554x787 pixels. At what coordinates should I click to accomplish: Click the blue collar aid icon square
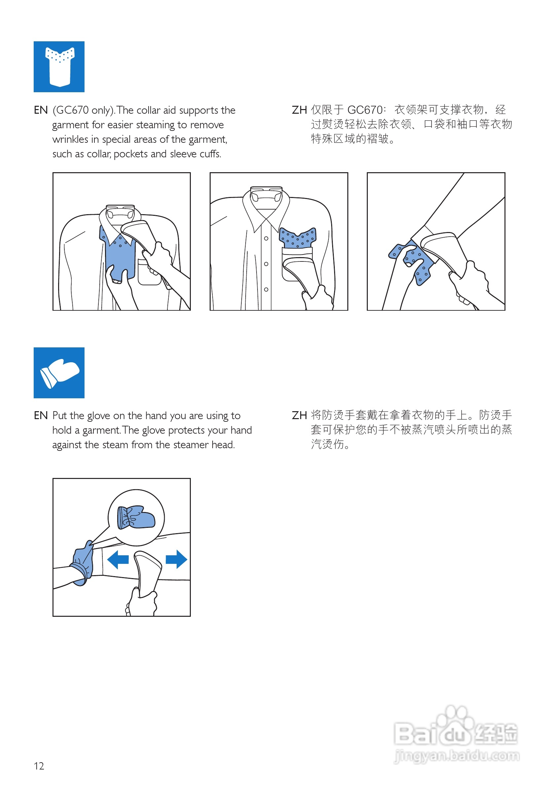(59, 66)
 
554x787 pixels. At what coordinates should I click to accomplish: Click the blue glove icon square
(59, 373)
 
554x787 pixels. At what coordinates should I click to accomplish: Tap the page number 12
(39, 766)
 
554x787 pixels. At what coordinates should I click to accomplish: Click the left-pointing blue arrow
(118, 559)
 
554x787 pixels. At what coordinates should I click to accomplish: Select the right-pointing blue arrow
(176, 559)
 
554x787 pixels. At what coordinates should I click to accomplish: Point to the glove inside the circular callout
(136, 517)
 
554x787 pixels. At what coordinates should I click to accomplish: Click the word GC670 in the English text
(72, 110)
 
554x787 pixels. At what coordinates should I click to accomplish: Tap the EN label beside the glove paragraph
(41, 415)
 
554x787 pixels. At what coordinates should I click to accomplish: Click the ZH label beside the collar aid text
(299, 110)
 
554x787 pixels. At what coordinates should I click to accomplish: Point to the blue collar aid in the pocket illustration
(297, 237)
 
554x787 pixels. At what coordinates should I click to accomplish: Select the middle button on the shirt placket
(266, 264)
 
